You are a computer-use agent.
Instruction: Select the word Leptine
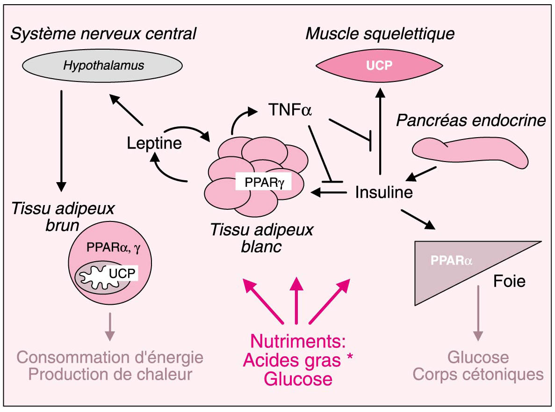tap(154, 143)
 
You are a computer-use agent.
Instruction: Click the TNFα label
tap(290, 111)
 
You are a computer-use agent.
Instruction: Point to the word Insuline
tap(384, 192)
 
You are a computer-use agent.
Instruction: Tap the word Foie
tap(509, 281)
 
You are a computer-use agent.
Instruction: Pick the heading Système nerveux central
tap(103, 34)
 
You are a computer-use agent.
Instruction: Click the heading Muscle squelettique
tap(380, 34)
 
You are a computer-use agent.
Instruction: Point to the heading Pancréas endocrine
tap(471, 121)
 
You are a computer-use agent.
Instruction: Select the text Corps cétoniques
tap(478, 375)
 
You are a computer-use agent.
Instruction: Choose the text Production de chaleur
tap(110, 375)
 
